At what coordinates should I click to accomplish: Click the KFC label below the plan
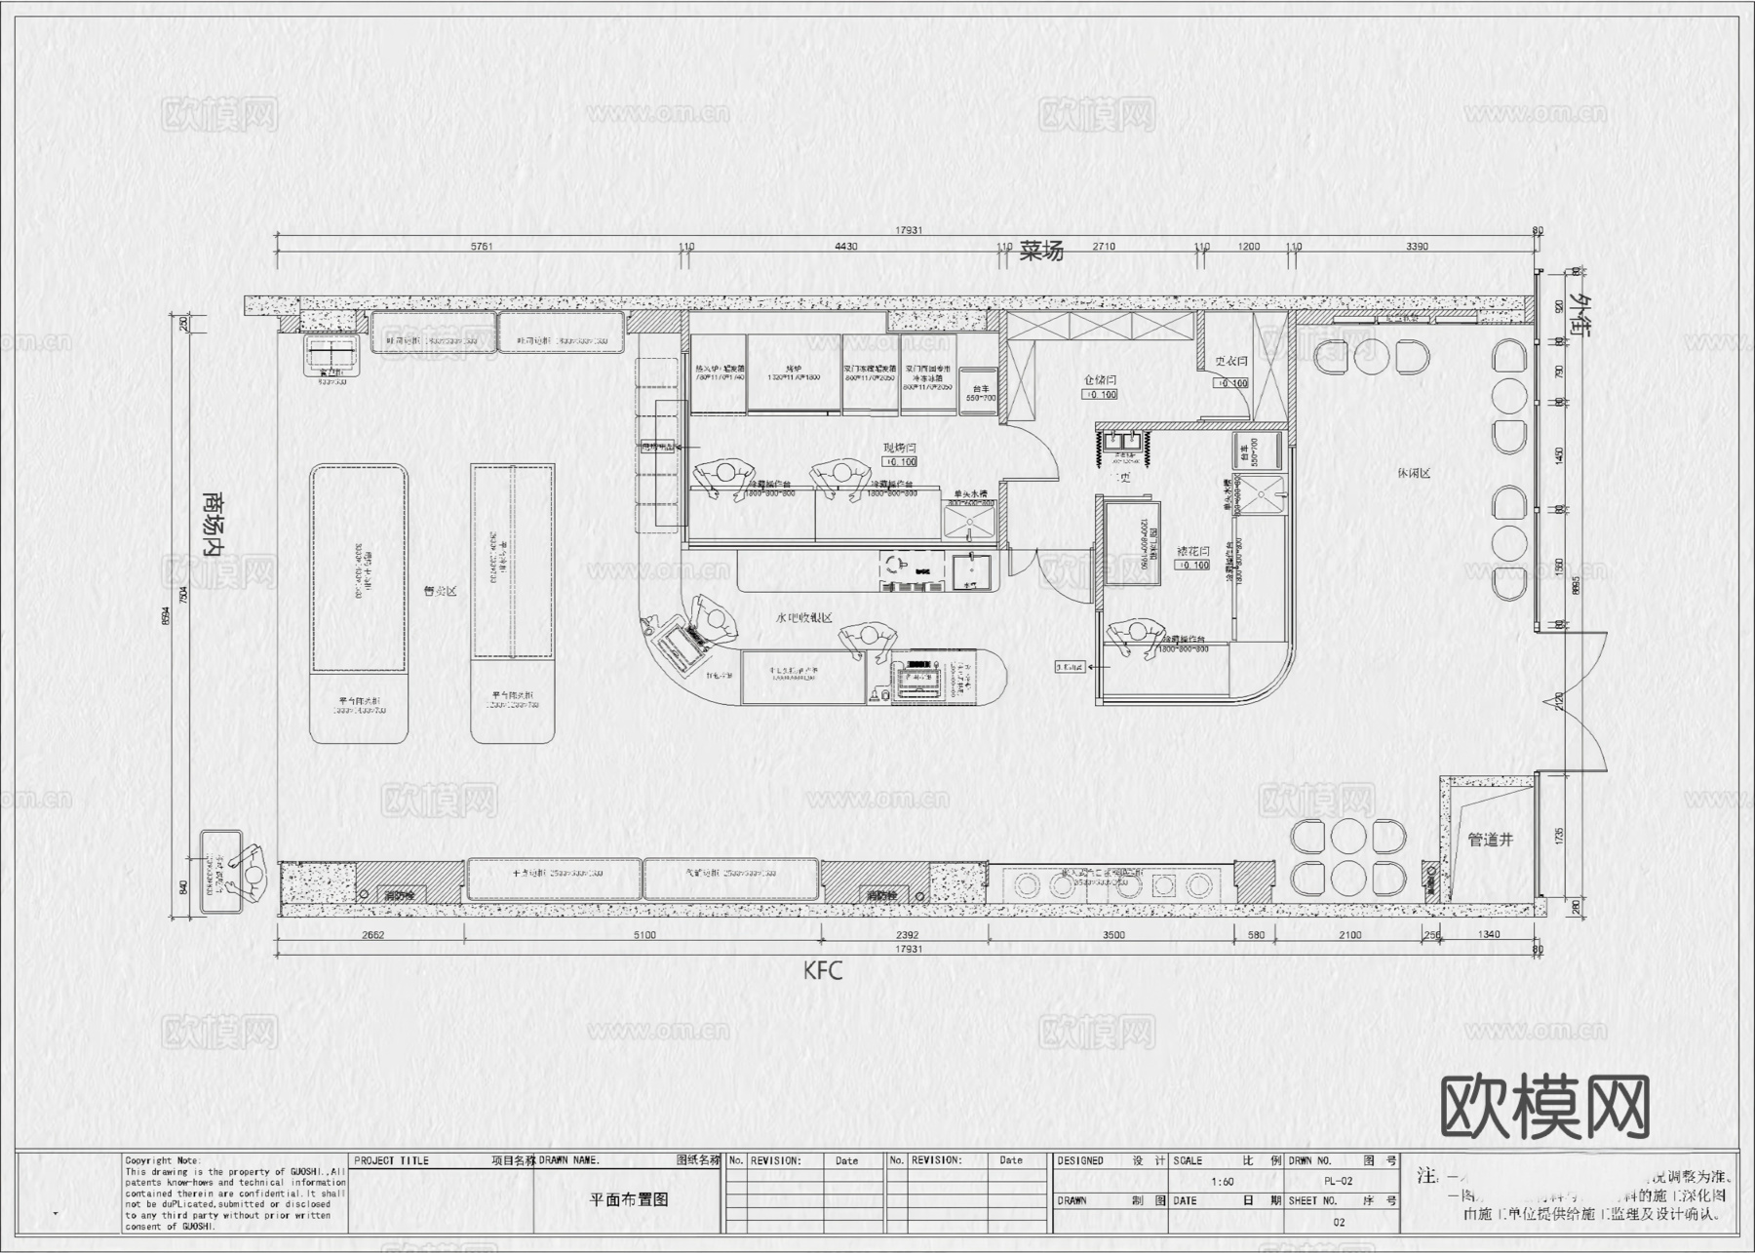[822, 971]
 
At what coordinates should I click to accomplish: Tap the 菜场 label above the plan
[1041, 251]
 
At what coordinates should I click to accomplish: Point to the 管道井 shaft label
[1490, 840]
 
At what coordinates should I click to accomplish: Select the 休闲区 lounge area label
[1413, 473]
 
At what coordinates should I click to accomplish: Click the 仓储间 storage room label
[1099, 380]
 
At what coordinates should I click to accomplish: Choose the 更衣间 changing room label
[1230, 362]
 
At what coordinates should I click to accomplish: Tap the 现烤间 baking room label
[899, 448]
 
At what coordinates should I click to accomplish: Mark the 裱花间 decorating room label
[1193, 551]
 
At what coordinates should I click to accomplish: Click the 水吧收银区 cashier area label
[803, 618]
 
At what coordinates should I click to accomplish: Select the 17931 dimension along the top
[909, 231]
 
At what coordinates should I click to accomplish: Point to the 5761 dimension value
[482, 247]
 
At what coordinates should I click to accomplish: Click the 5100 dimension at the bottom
[644, 935]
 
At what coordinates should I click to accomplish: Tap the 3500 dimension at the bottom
[1112, 935]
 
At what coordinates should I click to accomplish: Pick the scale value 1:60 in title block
[1222, 1182]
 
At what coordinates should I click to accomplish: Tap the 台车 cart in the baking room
[980, 388]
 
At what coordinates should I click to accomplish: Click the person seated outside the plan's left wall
[252, 873]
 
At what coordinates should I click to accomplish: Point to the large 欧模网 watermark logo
[1544, 1108]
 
